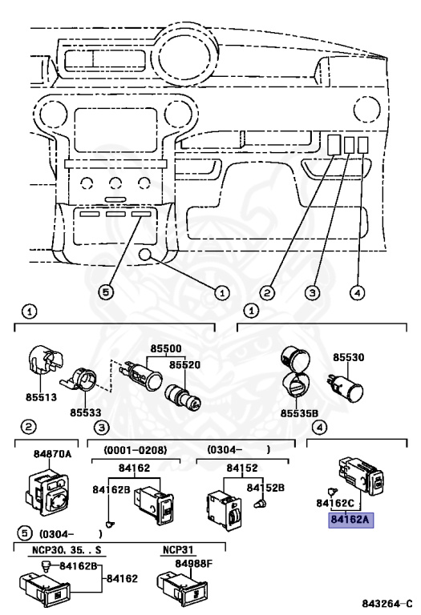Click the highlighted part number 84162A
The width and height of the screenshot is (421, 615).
(350, 520)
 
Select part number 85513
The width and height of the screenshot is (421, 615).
(41, 397)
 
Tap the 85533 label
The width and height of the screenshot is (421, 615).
(86, 412)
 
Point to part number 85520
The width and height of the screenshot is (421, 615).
(185, 365)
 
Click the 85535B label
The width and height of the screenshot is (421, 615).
(299, 413)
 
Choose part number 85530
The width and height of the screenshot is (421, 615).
(349, 357)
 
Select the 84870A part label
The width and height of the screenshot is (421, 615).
(53, 454)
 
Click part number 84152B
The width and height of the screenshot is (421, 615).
(265, 488)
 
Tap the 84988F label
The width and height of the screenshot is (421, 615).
(193, 564)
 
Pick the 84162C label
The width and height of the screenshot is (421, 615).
(335, 503)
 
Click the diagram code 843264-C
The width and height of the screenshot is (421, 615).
(387, 603)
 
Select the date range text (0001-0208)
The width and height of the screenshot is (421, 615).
(135, 450)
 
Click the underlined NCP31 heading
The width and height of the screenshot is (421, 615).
(178, 550)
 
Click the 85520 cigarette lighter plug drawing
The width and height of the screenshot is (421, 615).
(184, 397)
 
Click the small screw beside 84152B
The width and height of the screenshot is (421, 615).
(259, 504)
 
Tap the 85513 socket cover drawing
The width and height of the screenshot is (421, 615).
(46, 360)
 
